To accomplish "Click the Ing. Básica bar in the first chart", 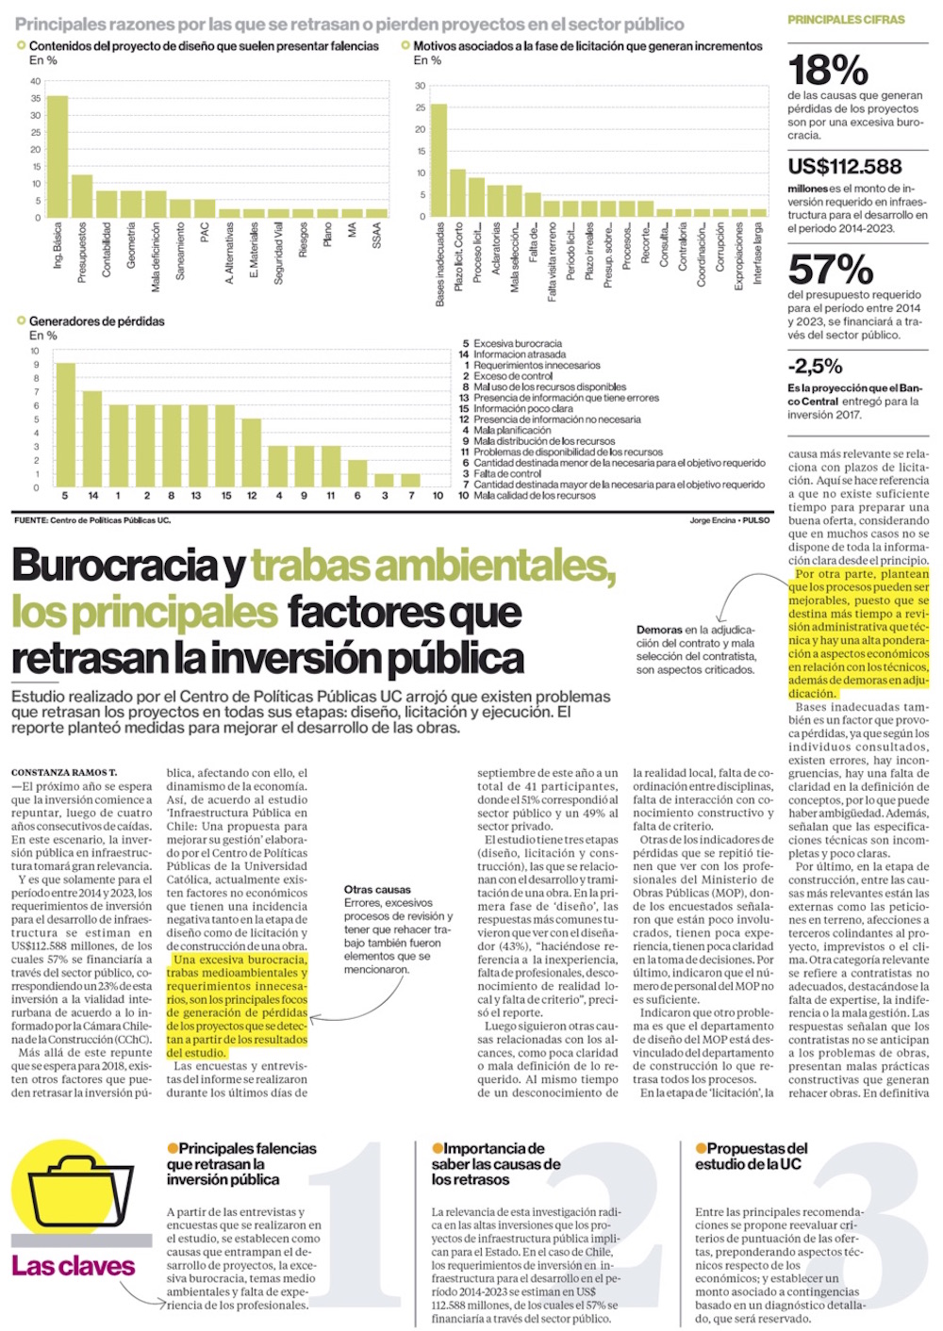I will [58, 156].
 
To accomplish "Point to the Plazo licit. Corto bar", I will [458, 193].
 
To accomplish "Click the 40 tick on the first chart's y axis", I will [36, 81].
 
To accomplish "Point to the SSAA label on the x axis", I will [376, 235].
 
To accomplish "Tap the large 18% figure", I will [827, 70].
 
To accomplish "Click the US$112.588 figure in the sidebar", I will [844, 167].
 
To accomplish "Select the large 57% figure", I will [830, 270].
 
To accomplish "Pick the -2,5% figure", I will [815, 367].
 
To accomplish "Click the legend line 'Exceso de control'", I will [513, 376].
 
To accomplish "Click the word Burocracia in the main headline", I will [115, 566].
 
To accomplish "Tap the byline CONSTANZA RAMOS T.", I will [64, 773].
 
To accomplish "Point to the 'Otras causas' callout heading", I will [377, 889].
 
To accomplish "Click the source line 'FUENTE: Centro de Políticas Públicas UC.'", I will [92, 520].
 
